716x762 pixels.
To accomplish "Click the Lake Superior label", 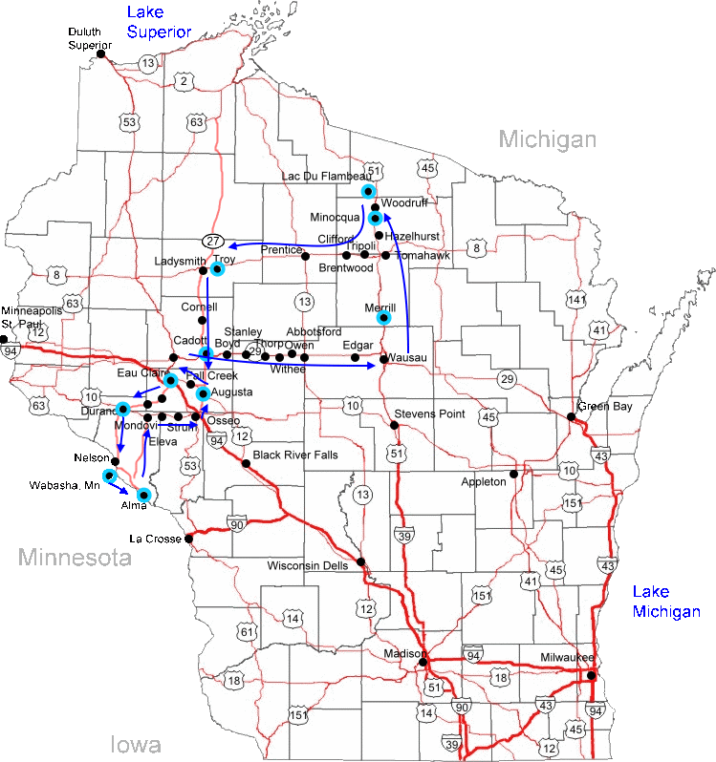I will click(x=160, y=22).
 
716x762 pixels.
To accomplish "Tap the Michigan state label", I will click(x=548, y=139).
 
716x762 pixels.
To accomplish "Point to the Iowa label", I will click(x=135, y=745).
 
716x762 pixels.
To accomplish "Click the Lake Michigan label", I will click(x=665, y=602).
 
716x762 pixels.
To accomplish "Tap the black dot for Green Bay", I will click(x=572, y=416).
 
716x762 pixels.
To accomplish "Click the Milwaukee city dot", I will click(x=592, y=676).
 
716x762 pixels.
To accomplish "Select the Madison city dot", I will click(x=423, y=660).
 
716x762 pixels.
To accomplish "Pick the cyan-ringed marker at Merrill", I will click(x=383, y=318).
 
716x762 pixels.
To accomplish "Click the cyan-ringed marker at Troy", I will click(x=217, y=269).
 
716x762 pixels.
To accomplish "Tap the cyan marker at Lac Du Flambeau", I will click(x=368, y=191).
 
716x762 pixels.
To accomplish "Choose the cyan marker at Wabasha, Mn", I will click(x=110, y=476).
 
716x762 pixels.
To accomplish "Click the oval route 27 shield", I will click(x=213, y=240).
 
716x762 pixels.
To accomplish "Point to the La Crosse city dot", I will click(x=188, y=539).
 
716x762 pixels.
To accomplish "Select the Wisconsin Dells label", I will click(x=308, y=564).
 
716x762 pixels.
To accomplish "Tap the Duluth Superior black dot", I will click(x=100, y=54).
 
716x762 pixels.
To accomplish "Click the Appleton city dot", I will click(x=514, y=474).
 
